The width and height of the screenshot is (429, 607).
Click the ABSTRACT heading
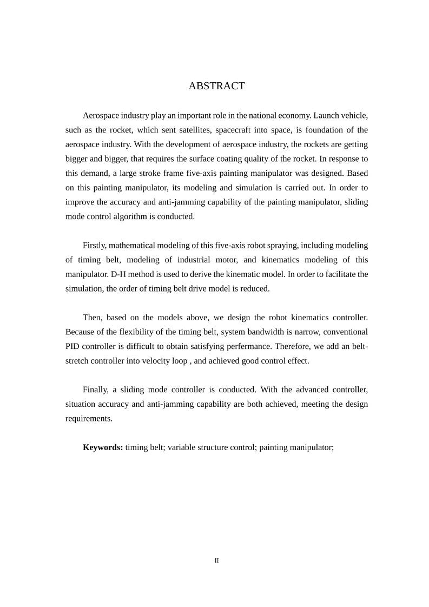[216, 86]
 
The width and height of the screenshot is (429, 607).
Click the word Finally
[96, 389]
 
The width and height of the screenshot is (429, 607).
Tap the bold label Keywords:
[103, 447]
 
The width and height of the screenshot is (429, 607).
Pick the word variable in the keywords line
[182, 447]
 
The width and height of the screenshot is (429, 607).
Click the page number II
[216, 561]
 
